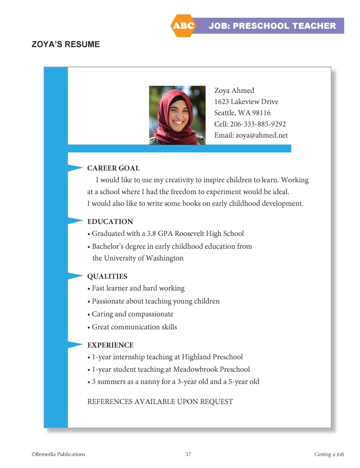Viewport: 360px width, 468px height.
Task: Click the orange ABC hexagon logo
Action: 183,26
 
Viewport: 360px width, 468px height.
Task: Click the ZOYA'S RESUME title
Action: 66,44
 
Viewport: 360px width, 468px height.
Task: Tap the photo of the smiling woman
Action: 177,115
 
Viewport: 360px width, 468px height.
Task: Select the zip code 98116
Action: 261,113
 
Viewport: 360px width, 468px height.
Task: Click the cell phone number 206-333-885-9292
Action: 258,124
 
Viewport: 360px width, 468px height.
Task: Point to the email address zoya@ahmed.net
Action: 262,135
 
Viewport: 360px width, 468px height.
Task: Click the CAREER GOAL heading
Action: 113,168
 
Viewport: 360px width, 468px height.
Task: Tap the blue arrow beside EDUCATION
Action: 75,221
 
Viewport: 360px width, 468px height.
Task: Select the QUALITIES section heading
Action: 107,276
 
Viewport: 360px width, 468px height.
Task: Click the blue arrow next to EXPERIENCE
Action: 75,345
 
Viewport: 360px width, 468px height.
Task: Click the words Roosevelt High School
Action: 209,233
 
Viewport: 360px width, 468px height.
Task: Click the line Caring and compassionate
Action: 132,314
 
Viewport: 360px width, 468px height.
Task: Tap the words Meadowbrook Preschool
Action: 211,369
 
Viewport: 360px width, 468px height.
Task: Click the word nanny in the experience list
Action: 150,381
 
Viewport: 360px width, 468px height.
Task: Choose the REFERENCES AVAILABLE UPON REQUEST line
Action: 160,401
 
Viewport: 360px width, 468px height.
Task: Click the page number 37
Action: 188,454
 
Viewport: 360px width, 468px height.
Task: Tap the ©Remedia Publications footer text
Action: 58,454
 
